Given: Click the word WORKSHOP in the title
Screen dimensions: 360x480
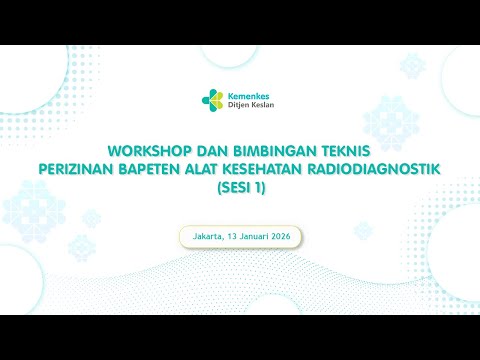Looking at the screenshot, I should [x=166, y=143].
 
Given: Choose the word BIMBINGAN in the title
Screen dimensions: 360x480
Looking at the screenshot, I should [x=274, y=143].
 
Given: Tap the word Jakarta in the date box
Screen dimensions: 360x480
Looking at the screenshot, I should [x=201, y=237].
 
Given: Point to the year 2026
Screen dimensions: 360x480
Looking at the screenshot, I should [x=286, y=237].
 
